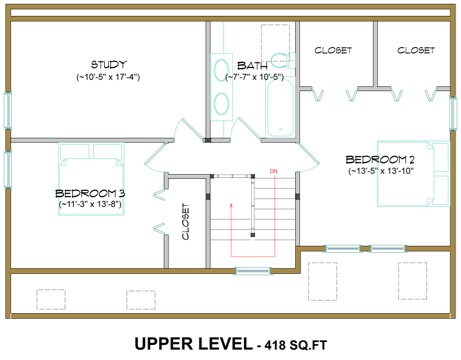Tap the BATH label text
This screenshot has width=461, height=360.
252,66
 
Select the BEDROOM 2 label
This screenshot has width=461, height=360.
380,160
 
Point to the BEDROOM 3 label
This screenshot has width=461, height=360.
90,193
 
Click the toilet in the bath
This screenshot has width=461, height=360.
282,60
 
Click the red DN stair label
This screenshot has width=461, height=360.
273,172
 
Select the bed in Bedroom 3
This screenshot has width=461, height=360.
91,179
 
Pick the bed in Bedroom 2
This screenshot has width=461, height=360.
413,173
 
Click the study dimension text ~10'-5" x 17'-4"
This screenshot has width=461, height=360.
108,77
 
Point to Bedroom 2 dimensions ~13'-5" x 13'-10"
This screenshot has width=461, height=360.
381,171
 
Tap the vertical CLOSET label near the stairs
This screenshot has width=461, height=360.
186,221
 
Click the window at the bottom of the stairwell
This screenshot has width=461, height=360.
253,271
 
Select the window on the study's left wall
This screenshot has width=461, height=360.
7,110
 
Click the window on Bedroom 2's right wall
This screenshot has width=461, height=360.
453,113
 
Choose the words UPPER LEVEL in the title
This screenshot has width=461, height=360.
193,343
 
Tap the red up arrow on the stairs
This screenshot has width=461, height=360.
231,230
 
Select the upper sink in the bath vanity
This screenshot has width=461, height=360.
221,70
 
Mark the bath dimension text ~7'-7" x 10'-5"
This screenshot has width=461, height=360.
255,77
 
